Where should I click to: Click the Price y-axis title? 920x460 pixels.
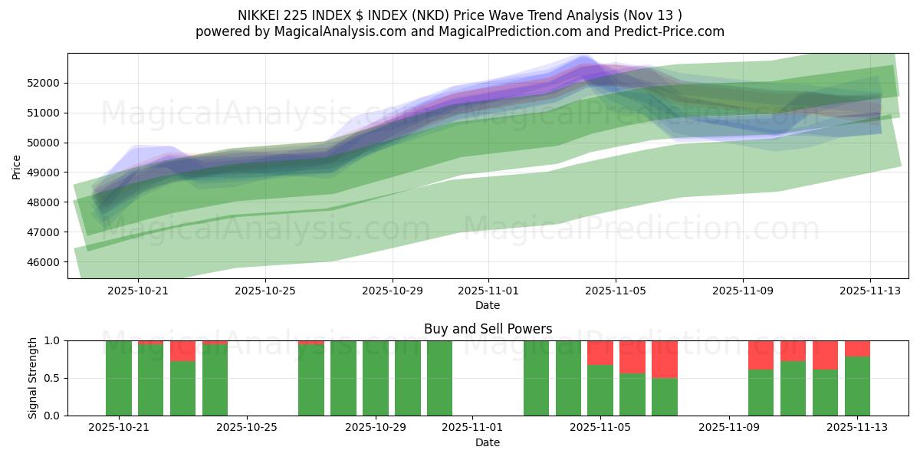[x=17, y=166]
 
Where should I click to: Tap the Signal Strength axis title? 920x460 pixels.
[x=33, y=378]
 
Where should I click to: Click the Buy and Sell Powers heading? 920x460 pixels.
[x=488, y=329]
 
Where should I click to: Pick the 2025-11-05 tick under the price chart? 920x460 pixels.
[x=615, y=291]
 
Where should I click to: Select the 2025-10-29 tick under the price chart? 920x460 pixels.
[x=393, y=291]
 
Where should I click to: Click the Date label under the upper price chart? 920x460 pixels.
[x=488, y=305]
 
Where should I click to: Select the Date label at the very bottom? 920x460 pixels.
[x=488, y=442]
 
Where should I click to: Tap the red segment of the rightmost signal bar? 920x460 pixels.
[x=857, y=348]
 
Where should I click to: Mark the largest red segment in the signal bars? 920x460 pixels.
[x=665, y=359]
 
